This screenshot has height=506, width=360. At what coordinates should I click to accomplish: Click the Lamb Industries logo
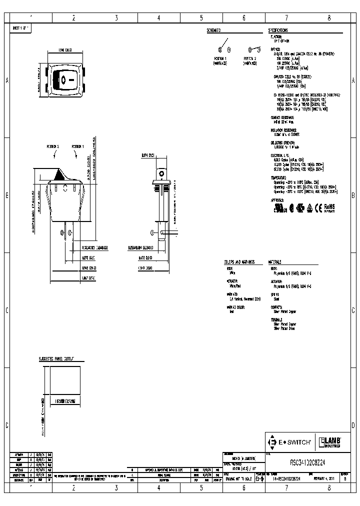click(x=331, y=442)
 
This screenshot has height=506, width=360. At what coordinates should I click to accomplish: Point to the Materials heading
click(x=275, y=262)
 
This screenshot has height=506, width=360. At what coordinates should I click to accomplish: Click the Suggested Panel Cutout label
click(x=56, y=359)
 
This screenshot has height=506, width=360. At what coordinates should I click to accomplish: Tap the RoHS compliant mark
click(x=328, y=206)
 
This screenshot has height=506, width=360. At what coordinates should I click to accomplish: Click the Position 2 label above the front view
click(x=53, y=146)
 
